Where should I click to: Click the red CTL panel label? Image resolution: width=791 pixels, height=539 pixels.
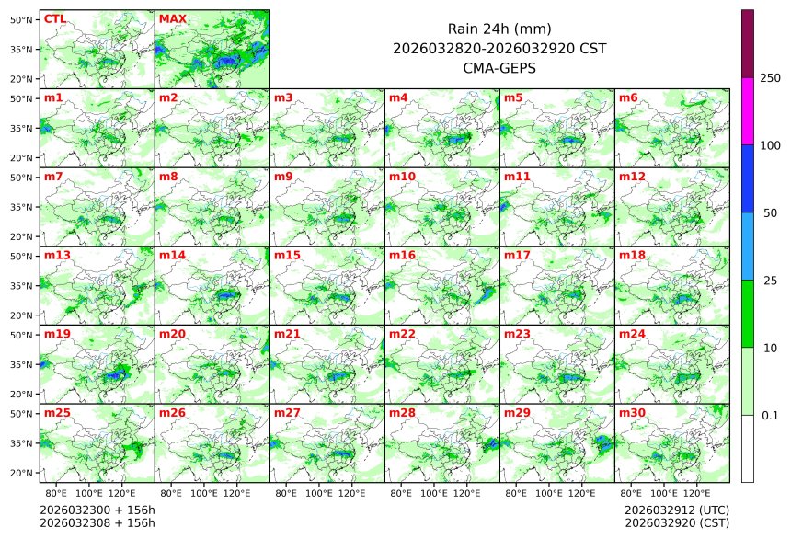54,18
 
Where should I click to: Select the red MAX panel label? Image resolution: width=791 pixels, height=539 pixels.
172,18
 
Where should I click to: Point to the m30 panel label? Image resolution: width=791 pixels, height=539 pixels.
632,413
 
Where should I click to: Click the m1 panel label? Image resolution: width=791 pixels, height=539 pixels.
53,97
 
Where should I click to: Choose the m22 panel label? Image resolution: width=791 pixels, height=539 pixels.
402,334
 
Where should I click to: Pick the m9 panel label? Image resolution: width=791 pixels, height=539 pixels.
283,177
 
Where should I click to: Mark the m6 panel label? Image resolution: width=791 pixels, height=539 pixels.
629,97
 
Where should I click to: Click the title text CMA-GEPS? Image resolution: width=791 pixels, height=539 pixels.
499,67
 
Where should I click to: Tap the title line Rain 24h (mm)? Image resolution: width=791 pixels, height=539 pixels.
499,29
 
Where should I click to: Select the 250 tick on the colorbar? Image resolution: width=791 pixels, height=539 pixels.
771,78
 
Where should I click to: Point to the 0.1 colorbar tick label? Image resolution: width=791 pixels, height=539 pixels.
771,416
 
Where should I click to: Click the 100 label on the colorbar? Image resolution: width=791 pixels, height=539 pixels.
771,145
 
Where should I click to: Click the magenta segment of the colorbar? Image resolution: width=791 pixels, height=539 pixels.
748,111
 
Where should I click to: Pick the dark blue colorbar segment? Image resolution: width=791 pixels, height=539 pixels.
748,178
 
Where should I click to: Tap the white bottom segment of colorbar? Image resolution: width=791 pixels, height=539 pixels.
748,448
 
